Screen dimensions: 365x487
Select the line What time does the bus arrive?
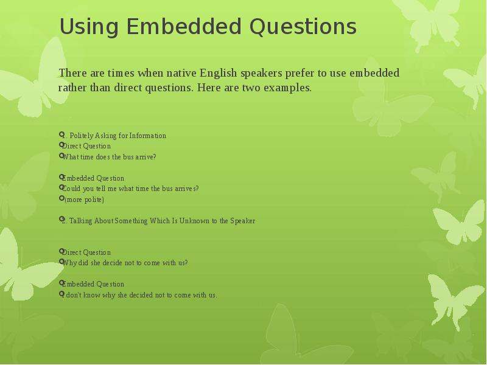[110, 157]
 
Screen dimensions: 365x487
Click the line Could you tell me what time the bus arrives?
[131, 189]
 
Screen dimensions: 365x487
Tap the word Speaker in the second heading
[242, 221]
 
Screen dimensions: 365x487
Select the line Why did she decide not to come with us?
[125, 263]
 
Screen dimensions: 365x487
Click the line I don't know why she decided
[140, 295]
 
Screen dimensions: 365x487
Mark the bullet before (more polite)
[62, 199]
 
